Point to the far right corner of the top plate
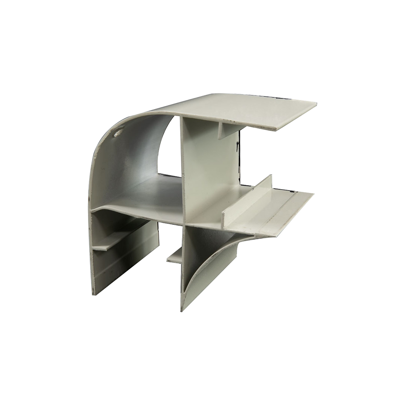(316, 103)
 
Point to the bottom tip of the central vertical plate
(182, 310)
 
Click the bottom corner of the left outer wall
(93, 293)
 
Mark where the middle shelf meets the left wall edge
(92, 211)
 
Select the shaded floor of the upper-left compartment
(153, 194)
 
